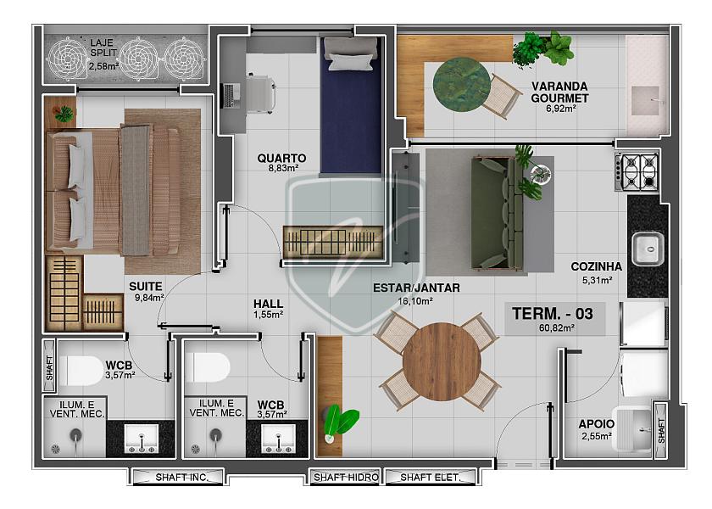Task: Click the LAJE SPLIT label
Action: [x=103, y=48]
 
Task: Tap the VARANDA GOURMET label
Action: [x=559, y=92]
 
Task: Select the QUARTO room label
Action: [x=281, y=158]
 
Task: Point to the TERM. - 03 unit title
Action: [x=553, y=314]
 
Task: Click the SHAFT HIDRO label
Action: [x=346, y=477]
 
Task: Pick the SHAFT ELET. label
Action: [x=430, y=477]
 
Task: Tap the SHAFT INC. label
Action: [x=181, y=477]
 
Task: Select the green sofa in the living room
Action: [x=498, y=213]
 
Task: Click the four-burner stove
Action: [x=637, y=171]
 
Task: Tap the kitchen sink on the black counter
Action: [x=648, y=248]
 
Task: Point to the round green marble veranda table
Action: [x=462, y=83]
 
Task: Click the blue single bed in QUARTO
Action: [x=351, y=105]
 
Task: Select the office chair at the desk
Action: [x=260, y=94]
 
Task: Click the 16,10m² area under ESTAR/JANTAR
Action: [x=415, y=301]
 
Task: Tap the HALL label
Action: [x=269, y=304]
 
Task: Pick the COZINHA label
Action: [x=596, y=266]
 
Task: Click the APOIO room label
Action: [x=596, y=424]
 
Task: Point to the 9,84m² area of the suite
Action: [x=149, y=298]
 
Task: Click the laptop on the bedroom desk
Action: [x=232, y=95]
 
